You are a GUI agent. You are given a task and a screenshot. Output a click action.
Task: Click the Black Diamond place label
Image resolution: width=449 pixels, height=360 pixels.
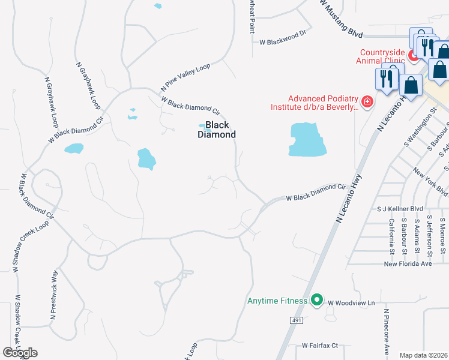[x=217, y=130]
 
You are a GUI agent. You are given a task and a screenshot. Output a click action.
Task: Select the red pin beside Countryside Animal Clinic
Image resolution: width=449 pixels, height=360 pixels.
[x=413, y=55]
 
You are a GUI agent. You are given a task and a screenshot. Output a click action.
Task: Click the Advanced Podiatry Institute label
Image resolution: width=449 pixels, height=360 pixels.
[x=323, y=103]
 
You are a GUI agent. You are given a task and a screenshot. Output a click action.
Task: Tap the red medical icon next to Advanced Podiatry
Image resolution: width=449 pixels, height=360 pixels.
[x=367, y=102]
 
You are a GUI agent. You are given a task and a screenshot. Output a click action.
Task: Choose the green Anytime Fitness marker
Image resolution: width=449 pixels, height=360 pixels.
[x=318, y=301]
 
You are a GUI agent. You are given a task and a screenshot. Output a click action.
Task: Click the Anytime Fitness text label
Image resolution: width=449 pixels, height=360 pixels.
[x=277, y=301]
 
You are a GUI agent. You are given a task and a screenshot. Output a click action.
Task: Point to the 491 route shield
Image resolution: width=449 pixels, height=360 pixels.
[x=297, y=320]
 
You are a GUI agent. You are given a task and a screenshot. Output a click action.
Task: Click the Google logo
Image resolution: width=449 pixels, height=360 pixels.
[x=20, y=353]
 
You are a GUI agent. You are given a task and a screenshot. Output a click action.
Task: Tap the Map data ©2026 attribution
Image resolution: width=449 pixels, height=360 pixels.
[x=423, y=355]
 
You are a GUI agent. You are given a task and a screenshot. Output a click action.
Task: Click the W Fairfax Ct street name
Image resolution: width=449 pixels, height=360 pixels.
[x=320, y=346]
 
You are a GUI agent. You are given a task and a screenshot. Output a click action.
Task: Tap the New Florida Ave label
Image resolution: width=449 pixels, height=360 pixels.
[x=408, y=264]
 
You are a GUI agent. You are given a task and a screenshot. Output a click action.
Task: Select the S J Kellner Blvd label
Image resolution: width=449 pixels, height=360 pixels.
[x=400, y=209]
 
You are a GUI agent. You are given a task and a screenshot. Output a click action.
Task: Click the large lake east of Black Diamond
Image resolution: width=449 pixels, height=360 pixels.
[x=307, y=140]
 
